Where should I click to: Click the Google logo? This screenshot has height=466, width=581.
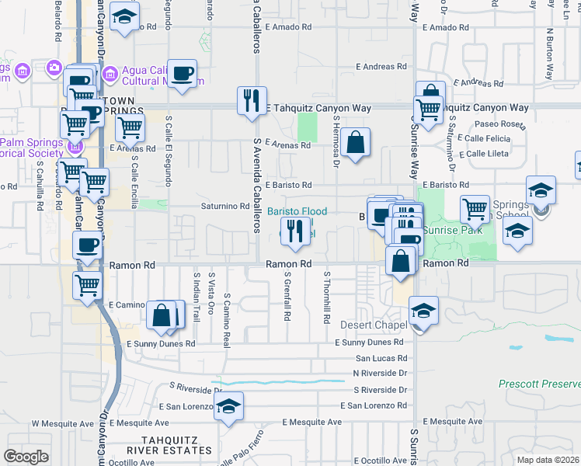coord(26,457)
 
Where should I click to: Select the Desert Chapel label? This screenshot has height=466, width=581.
coord(373,324)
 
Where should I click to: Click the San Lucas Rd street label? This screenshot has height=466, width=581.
coord(381,359)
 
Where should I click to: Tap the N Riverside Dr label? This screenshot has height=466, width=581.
coord(380,373)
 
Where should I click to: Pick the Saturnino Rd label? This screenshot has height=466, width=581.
coord(224,207)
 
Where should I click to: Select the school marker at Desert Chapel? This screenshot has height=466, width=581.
coord(423,311)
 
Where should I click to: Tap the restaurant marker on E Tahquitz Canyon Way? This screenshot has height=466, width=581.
coord(251,101)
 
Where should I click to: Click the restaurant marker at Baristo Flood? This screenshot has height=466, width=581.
coord(294,232)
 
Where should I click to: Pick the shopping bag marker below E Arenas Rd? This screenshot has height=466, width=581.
coord(355,143)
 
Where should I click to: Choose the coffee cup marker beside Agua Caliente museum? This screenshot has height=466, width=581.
coord(183,75)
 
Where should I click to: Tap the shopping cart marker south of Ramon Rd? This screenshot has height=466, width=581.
coord(88,283)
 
